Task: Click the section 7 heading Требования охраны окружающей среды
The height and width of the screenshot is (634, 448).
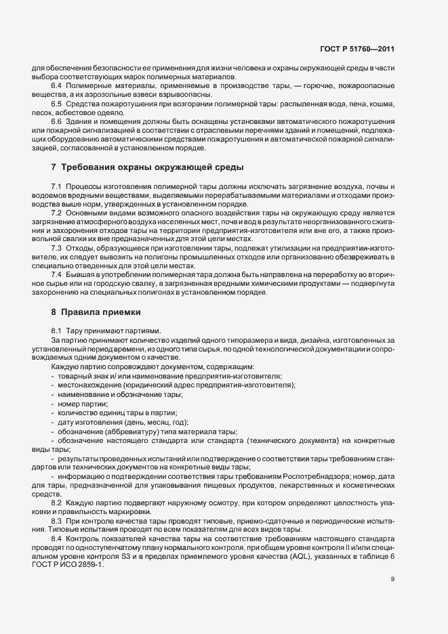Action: pos(142,167)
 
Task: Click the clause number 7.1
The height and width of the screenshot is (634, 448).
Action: pos(56,186)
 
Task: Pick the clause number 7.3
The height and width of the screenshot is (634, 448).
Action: pos(56,247)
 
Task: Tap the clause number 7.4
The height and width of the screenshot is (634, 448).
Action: pos(56,274)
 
